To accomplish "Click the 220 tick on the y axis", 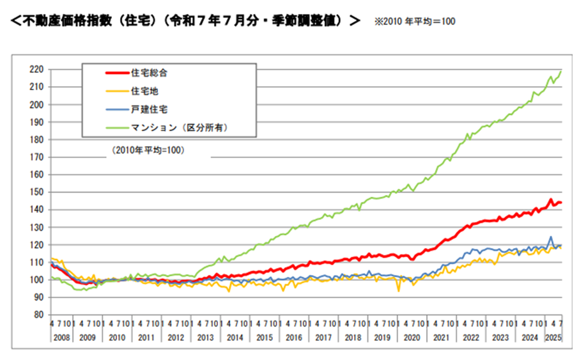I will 37,69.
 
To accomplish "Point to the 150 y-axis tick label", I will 37,192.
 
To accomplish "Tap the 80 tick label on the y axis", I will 39,315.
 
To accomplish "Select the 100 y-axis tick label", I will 37,279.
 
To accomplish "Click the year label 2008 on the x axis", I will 59,336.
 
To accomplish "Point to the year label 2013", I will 206,336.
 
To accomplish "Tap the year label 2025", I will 553,336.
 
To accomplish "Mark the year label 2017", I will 323,336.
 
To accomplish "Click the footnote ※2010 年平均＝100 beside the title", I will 415,22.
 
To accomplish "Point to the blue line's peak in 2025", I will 551,237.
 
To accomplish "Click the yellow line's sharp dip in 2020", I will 399,291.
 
